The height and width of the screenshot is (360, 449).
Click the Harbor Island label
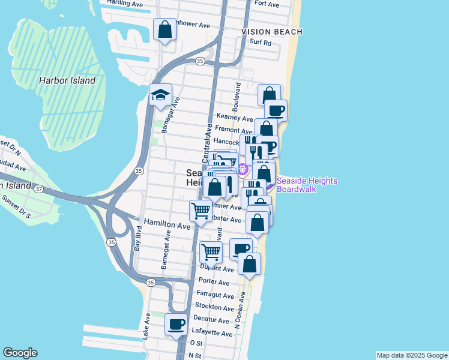[67, 80]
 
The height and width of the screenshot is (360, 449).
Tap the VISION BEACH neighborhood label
[271, 31]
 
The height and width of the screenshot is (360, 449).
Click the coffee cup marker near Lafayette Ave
[176, 325]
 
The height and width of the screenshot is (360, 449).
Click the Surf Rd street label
[261, 43]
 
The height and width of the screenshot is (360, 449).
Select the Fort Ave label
[267, 4]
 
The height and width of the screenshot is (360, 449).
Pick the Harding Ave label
[125, 3]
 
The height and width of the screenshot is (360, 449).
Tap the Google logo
[20, 353]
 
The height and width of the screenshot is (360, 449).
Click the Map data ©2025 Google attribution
[411, 355]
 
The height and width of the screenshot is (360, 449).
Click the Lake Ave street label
[145, 326]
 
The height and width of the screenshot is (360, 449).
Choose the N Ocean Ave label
[240, 310]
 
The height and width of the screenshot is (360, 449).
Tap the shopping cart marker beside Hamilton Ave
[200, 211]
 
